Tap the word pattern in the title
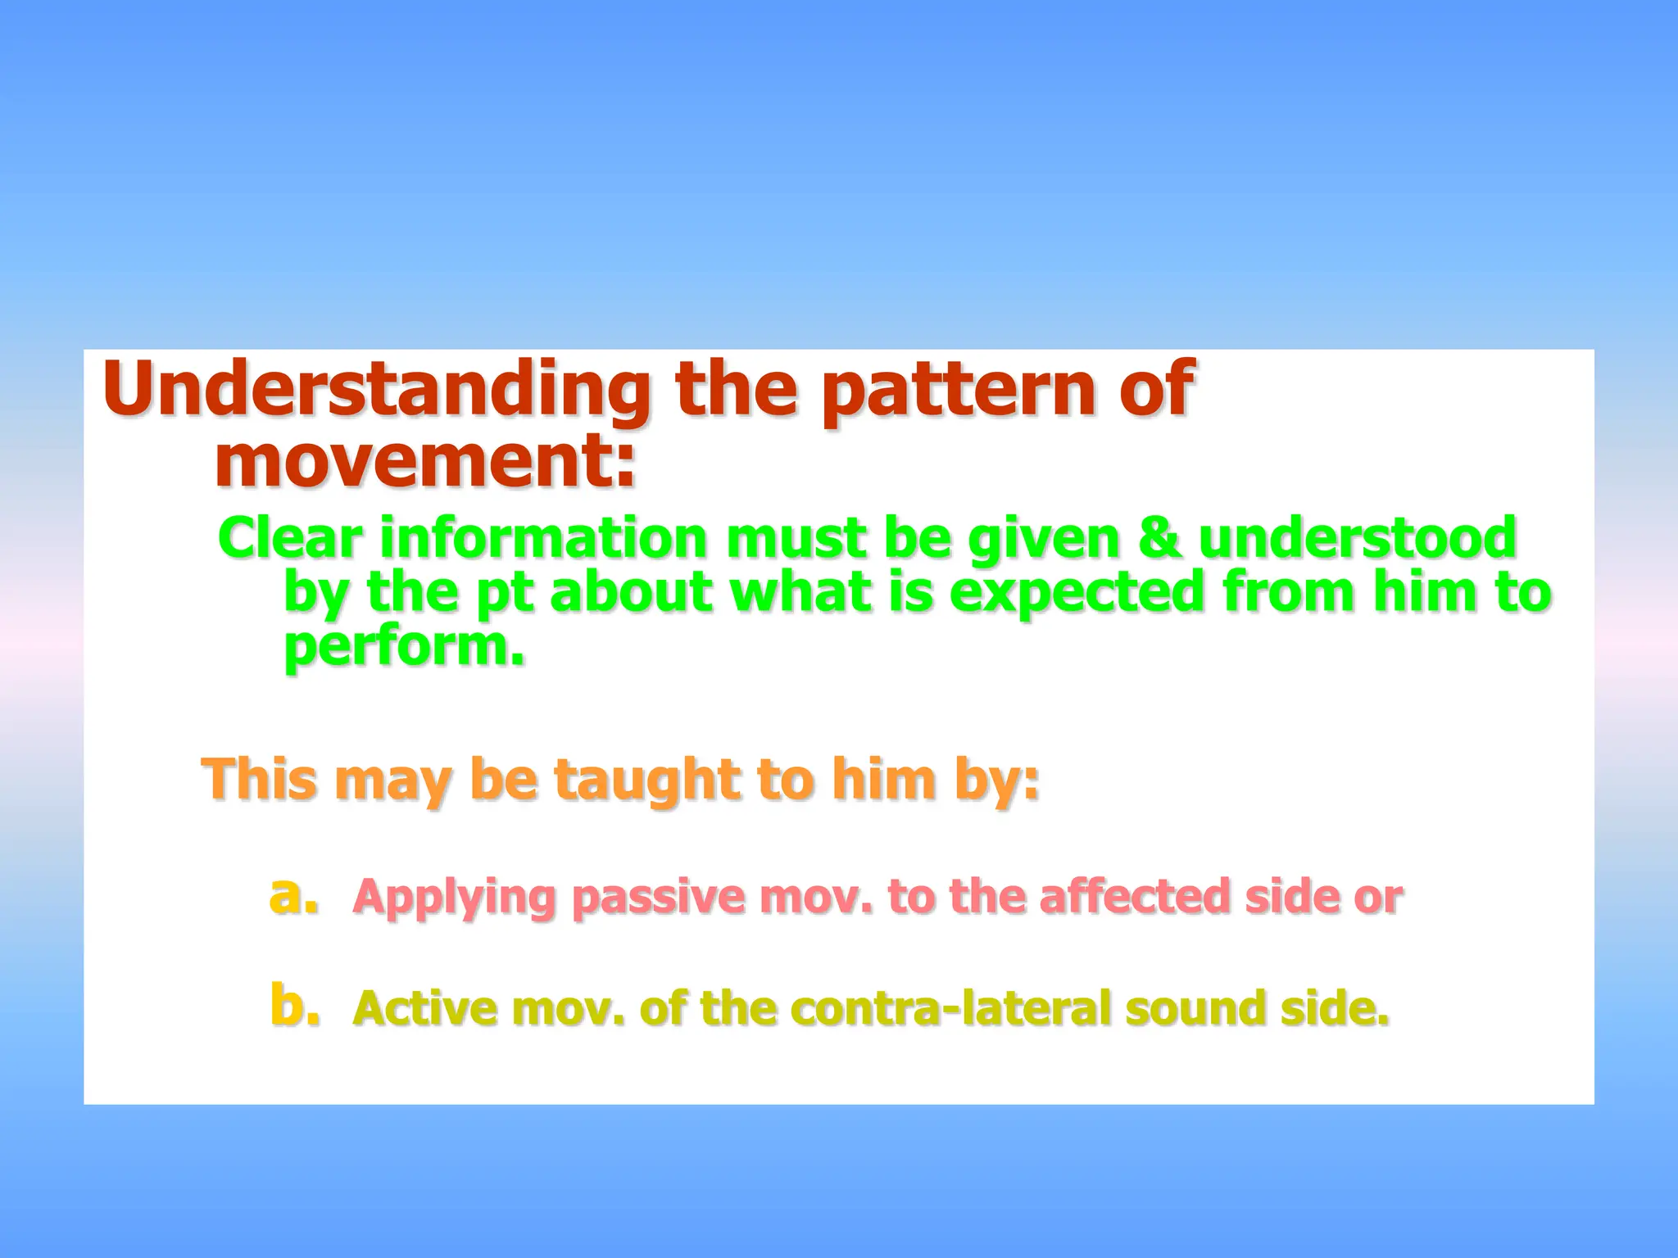tap(948, 391)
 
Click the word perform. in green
tap(404, 647)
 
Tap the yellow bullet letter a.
tap(293, 894)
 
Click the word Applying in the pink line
tap(454, 898)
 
